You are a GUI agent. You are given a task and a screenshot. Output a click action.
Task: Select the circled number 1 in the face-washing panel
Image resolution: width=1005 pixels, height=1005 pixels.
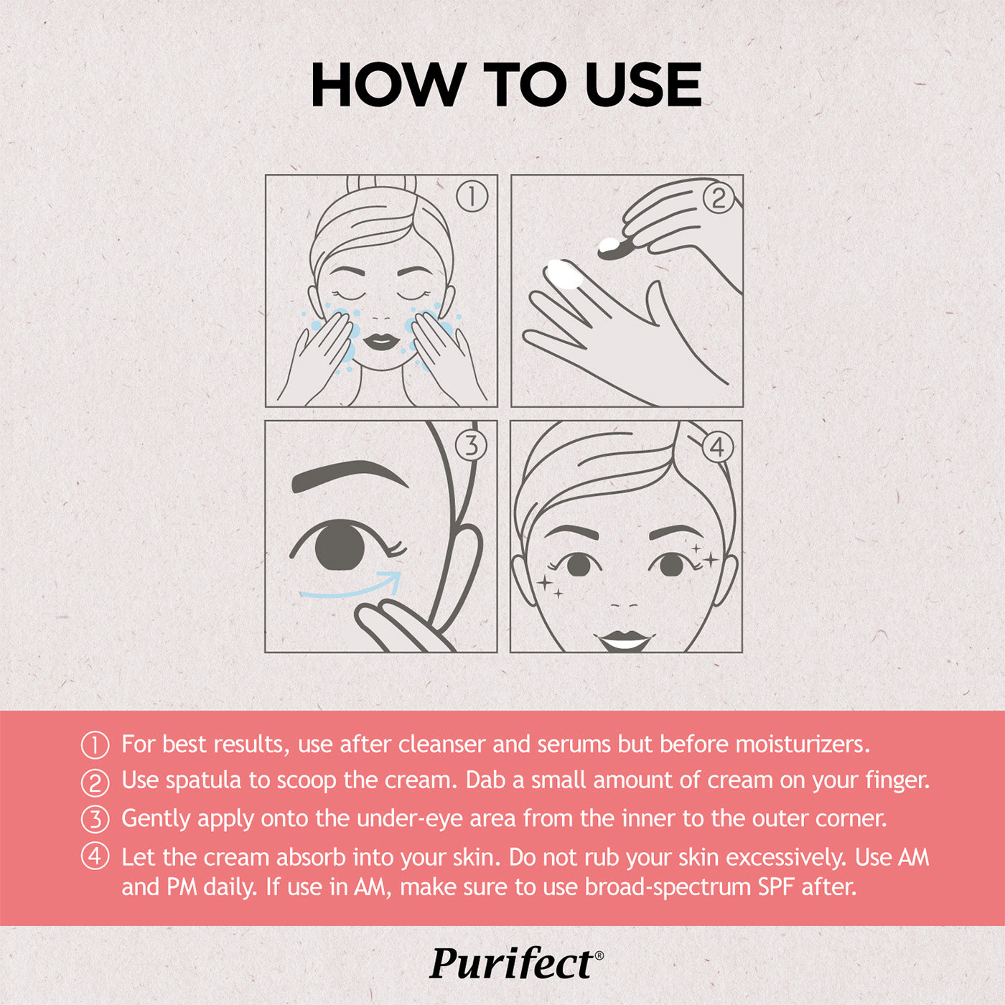472,197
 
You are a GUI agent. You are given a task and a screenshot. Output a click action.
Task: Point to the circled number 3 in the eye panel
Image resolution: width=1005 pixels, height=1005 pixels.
471,446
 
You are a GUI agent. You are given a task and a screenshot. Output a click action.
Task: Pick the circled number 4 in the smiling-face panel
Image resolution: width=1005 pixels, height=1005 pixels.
718,447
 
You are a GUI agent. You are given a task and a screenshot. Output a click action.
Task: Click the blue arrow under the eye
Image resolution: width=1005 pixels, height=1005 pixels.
350,587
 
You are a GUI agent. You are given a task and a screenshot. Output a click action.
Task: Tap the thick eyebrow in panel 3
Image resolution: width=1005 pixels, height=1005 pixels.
350,476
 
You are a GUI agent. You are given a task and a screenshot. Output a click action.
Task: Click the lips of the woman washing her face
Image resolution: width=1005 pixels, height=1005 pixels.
380,342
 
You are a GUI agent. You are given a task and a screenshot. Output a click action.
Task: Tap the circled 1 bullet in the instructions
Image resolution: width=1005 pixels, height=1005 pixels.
95,746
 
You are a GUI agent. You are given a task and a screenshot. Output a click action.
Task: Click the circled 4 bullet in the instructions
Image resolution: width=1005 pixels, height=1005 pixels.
95,858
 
